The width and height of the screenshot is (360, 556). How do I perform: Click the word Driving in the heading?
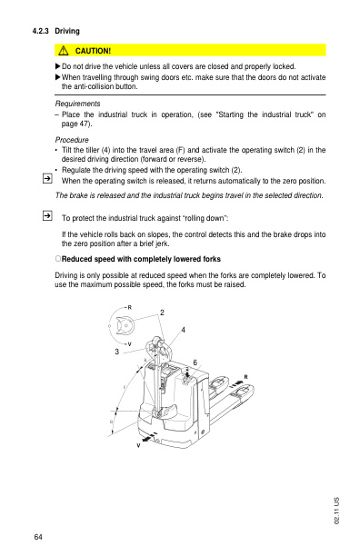pos(68,31)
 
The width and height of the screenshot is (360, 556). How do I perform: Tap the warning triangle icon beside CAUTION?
pos(65,50)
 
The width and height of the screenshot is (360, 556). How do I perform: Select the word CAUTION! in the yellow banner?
pos(93,50)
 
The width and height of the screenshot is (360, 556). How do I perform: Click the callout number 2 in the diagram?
pos(162,313)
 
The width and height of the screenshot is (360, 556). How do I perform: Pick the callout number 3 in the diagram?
pos(116,352)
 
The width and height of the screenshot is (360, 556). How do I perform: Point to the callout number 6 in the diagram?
pos(195,362)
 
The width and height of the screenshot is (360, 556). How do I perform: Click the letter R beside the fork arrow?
pos(245,377)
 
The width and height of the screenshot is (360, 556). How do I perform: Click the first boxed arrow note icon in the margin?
pos(45,180)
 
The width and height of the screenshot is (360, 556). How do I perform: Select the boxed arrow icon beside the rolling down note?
pos(45,216)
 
